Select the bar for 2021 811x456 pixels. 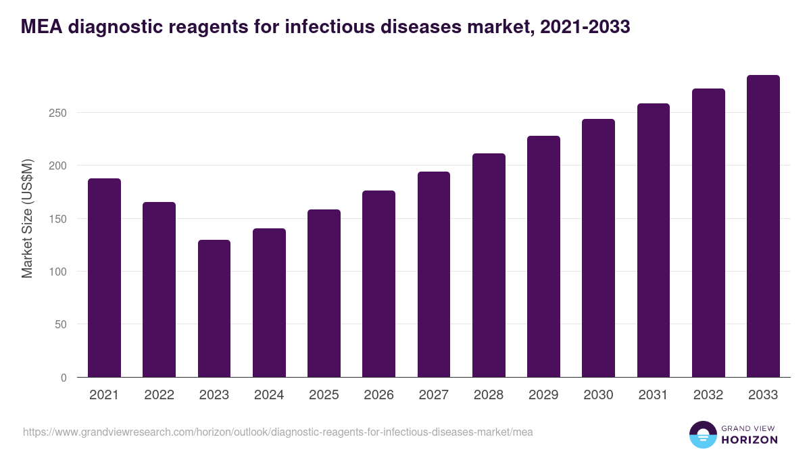104,278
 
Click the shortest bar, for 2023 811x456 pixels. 214,309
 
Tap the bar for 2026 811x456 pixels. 378,284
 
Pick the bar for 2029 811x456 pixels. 543,257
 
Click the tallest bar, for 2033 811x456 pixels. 763,226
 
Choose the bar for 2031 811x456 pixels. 654,240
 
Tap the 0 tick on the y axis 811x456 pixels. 64,378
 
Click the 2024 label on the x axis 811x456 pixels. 269,395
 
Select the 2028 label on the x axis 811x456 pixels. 489,395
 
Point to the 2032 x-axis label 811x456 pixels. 708,395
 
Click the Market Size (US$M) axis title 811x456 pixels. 27,218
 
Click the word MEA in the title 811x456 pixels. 42,27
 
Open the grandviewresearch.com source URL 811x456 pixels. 278,432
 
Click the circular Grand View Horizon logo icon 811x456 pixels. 703,435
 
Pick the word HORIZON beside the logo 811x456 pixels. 749,440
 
